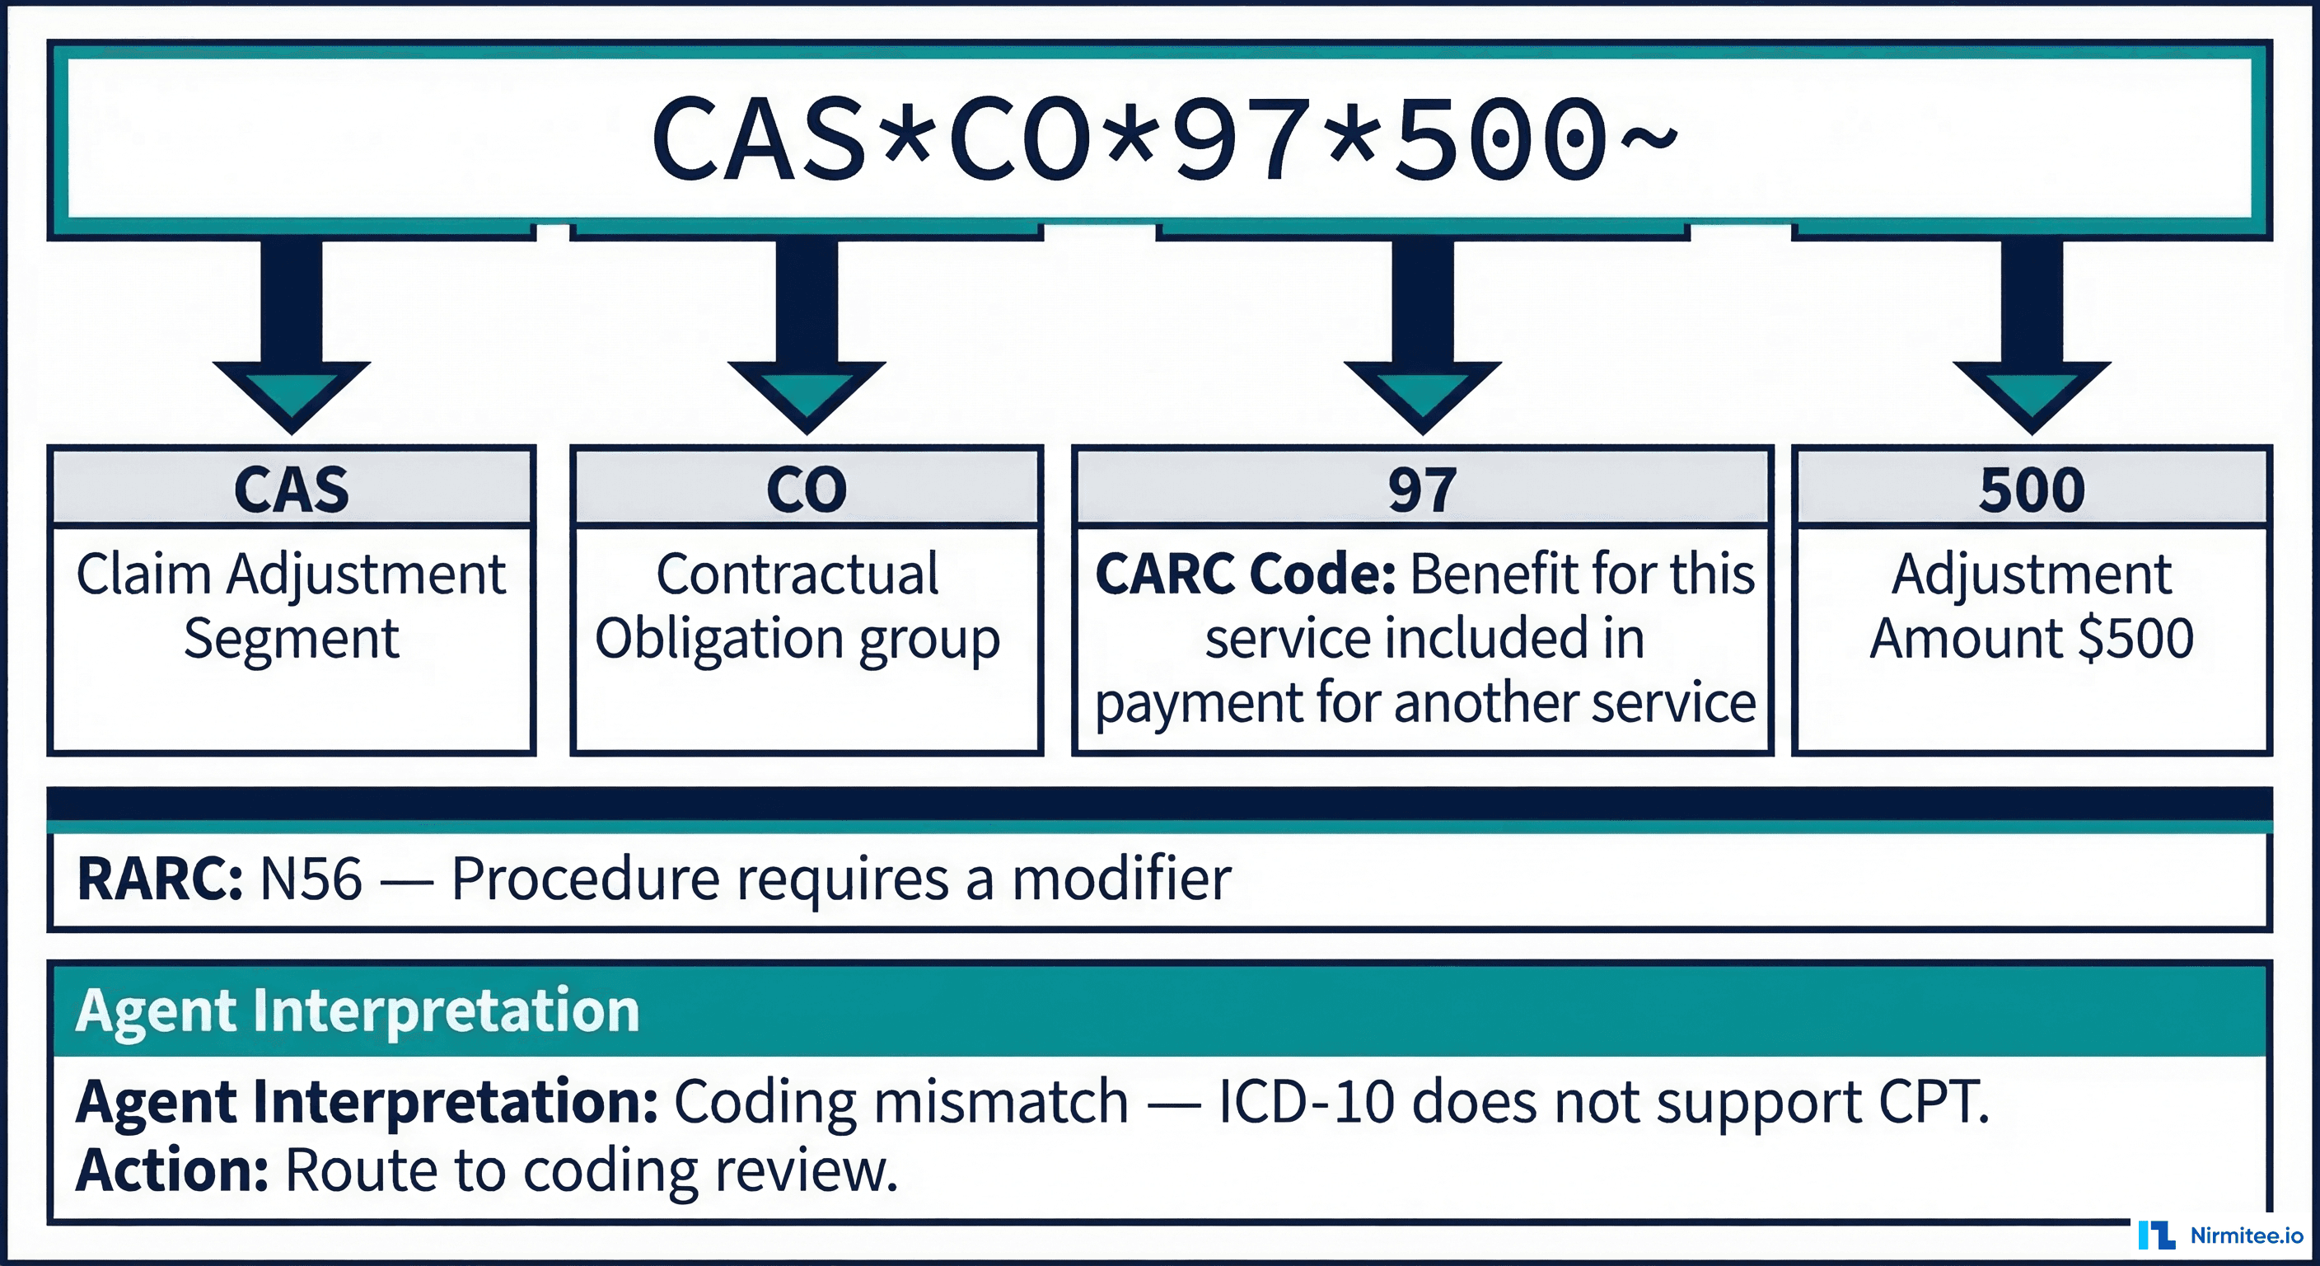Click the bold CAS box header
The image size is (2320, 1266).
tap(292, 490)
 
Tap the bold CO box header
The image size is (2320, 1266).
tap(807, 490)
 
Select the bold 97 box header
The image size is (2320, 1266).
tap(1422, 490)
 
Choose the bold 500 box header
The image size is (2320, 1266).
tap(2032, 490)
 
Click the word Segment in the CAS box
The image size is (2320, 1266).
tap(292, 639)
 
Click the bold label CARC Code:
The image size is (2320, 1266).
tap(1246, 574)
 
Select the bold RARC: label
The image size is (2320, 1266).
tap(159, 879)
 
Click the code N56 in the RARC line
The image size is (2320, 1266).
tap(311, 879)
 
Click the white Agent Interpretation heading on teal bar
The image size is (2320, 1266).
tap(358, 1010)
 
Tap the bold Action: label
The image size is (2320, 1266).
tap(172, 1170)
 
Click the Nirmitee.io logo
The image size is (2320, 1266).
tap(2221, 1236)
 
